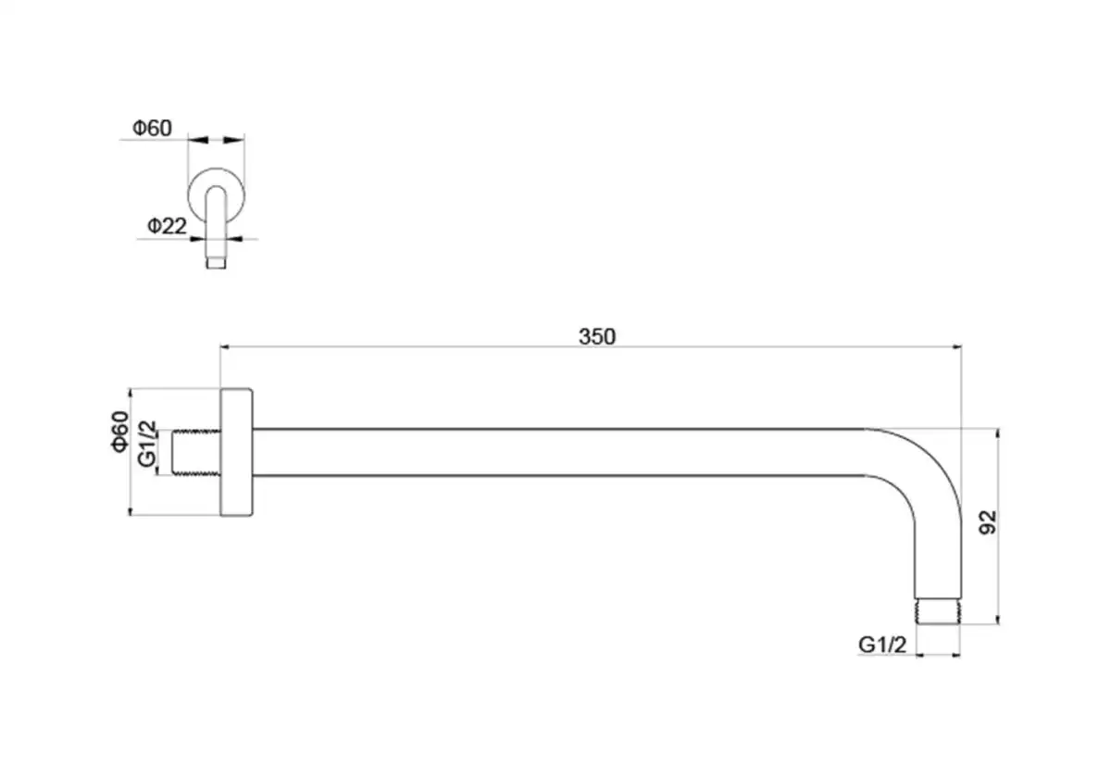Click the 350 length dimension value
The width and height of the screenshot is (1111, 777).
pos(597,337)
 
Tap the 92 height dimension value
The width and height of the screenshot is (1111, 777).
pos(988,522)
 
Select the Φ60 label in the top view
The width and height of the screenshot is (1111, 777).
pos(152,128)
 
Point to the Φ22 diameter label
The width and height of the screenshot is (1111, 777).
pos(168,226)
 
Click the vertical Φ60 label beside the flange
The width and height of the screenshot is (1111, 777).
pos(120,432)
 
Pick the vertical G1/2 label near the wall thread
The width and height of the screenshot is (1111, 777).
pos(147,444)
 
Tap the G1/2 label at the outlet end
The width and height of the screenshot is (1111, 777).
pos(882,645)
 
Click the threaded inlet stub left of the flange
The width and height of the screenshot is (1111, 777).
pos(196,453)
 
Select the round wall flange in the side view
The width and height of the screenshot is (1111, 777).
pos(237,452)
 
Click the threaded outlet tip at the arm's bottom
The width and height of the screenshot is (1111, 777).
pos(938,611)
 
